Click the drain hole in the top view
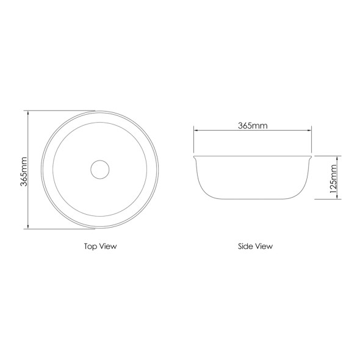pyautogui.click(x=99, y=169)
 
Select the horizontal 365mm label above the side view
pyautogui.click(x=253, y=126)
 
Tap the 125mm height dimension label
pyautogui.click(x=333, y=178)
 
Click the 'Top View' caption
pyautogui.click(x=100, y=247)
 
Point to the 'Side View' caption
pyautogui.click(x=255, y=247)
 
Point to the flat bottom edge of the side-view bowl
pyautogui.click(x=253, y=198)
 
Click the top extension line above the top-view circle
pyautogui.click(x=61, y=110)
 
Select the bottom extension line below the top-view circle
pyautogui.click(x=61, y=229)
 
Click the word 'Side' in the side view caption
pyautogui.click(x=246, y=247)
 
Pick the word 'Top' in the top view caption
pyautogui.click(x=91, y=247)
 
